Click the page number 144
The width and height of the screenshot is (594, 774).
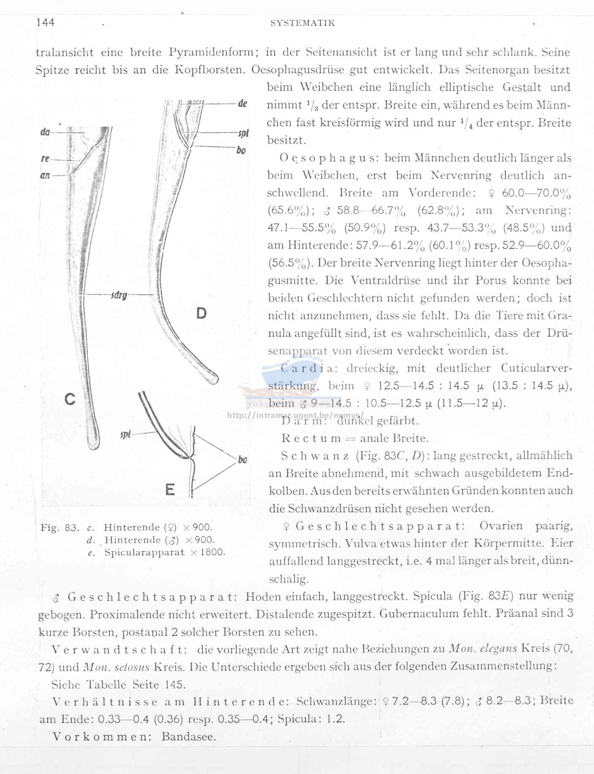pos(46,22)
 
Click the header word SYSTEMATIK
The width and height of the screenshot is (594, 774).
pos(302,23)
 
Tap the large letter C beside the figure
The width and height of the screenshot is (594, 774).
pos(70,399)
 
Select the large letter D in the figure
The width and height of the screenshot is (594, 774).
pos(202,313)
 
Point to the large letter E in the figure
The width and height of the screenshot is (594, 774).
pos(170,489)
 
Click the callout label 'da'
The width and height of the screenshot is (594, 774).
pos(45,132)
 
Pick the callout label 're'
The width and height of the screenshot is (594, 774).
pos(45,159)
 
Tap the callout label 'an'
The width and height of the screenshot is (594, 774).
pos(45,175)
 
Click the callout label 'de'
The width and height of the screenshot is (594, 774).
pos(243,103)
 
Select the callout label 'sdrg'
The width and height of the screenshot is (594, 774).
pos(119,295)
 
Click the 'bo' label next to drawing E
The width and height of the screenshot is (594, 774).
pos(243,459)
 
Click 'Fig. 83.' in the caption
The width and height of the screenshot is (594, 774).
pos(60,527)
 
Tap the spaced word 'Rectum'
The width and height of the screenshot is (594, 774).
pos(311,438)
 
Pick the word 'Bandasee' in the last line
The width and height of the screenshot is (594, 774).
pos(188,737)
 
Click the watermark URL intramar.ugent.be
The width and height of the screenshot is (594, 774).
pos(295,415)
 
